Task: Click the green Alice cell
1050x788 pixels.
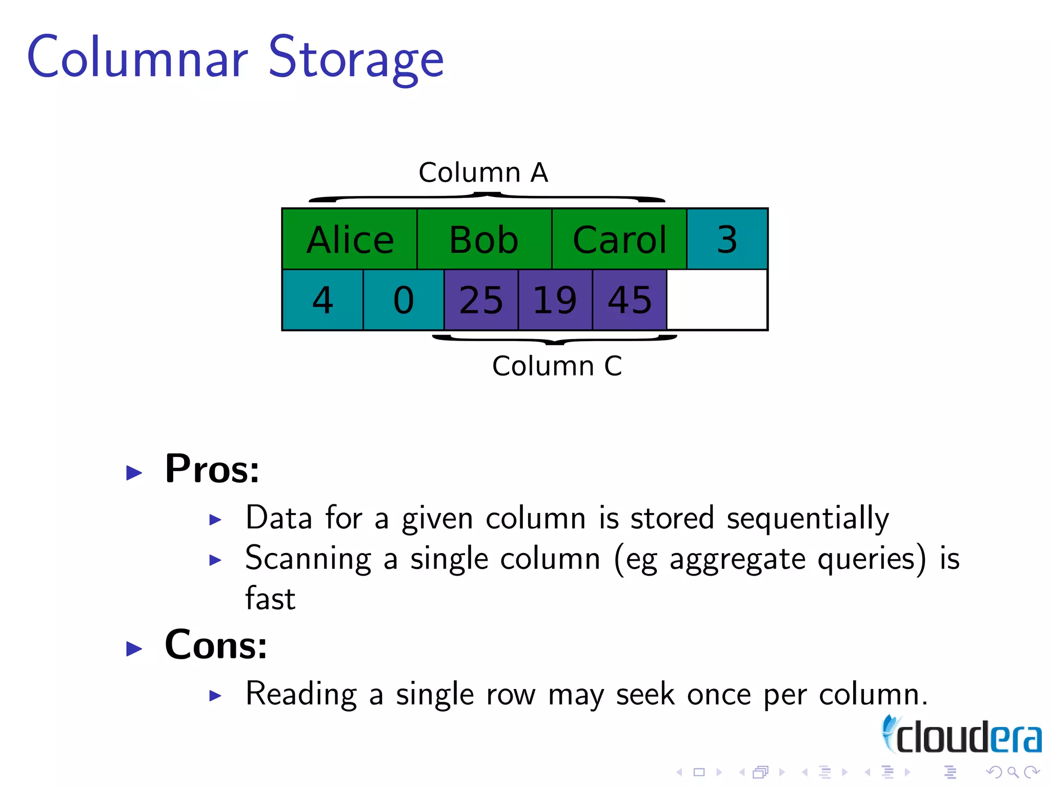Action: pyautogui.click(x=350, y=239)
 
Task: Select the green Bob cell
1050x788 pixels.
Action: pyautogui.click(x=484, y=239)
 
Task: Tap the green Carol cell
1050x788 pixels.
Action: pyautogui.click(x=619, y=239)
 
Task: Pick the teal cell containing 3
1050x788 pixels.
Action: pyautogui.click(x=727, y=239)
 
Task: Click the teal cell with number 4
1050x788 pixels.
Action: pyautogui.click(x=322, y=300)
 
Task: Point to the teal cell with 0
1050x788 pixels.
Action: pyautogui.click(x=403, y=300)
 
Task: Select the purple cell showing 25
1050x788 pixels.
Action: pyautogui.click(x=481, y=300)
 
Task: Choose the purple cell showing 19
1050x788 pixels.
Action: pyautogui.click(x=555, y=300)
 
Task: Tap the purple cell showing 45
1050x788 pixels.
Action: pyautogui.click(x=630, y=300)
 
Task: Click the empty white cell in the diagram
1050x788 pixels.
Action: pyautogui.click(x=717, y=300)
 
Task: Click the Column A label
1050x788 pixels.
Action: pyautogui.click(x=483, y=172)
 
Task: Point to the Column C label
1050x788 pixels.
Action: pyautogui.click(x=557, y=366)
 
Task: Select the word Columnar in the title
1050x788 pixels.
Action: pyautogui.click(x=137, y=57)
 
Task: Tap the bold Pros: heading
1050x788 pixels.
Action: pyautogui.click(x=212, y=469)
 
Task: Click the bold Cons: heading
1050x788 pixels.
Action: pyautogui.click(x=216, y=645)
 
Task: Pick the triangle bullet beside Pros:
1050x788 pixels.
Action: pyautogui.click(x=134, y=472)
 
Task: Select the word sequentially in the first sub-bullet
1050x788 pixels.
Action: pyautogui.click(x=808, y=518)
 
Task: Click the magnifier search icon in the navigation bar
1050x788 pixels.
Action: pyautogui.click(x=1013, y=772)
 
